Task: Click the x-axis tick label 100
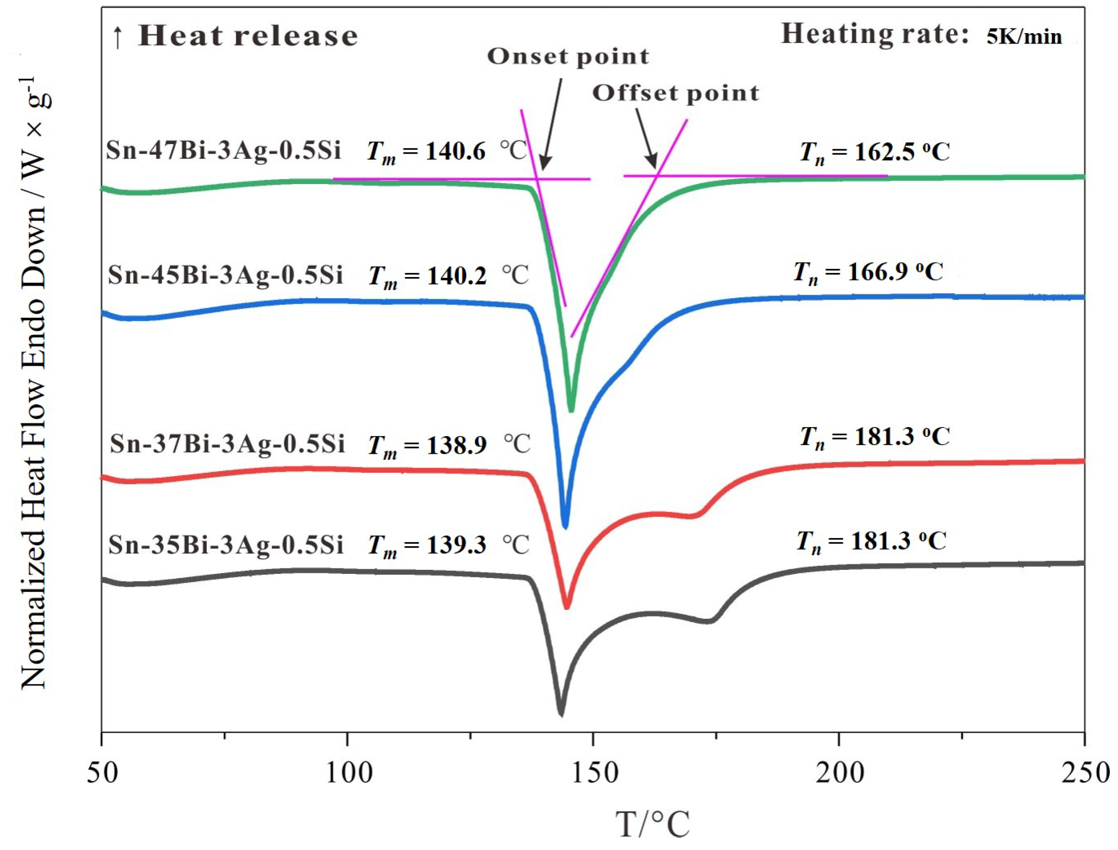(x=349, y=773)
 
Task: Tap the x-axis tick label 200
(x=840, y=773)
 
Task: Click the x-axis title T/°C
(x=652, y=824)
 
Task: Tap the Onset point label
(x=568, y=57)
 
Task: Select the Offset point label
(x=676, y=93)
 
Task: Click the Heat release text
(x=248, y=36)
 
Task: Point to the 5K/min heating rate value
(x=1023, y=37)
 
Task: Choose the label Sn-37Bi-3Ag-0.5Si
(x=227, y=444)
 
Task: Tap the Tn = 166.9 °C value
(x=868, y=272)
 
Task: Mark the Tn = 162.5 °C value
(x=875, y=152)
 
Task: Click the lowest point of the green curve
(x=571, y=410)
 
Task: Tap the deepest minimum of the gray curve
(x=560, y=714)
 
